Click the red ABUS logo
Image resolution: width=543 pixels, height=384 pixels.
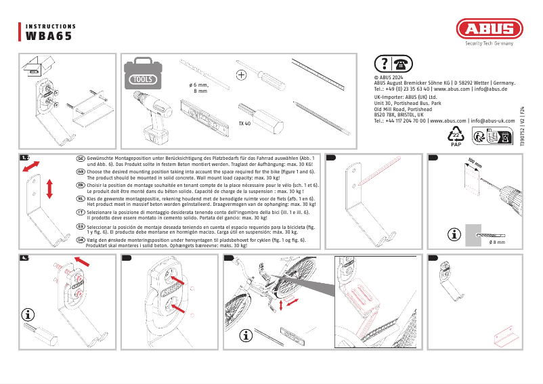click(x=489, y=29)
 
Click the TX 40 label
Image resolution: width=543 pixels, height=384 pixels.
click(x=244, y=124)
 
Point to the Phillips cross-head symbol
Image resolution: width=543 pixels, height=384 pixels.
click(x=240, y=74)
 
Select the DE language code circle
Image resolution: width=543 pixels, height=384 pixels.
click(x=81, y=157)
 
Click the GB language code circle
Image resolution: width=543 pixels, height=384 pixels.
click(x=81, y=172)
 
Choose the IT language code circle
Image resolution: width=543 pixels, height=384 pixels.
click(x=81, y=212)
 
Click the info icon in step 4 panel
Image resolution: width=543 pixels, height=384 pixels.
click(x=28, y=314)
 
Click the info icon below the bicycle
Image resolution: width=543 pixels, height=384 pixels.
click(x=247, y=335)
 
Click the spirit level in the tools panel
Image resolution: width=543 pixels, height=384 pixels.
click(x=207, y=112)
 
